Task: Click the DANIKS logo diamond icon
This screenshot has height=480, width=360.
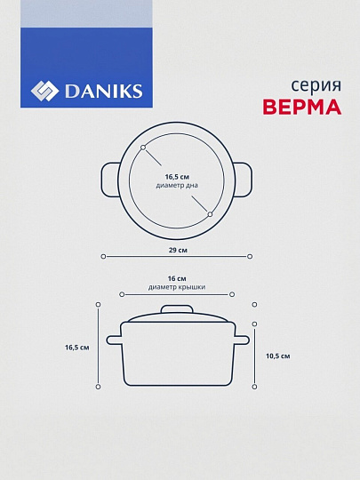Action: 44,91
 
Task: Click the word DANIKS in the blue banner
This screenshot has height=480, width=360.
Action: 103,92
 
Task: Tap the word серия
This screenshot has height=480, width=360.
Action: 316,86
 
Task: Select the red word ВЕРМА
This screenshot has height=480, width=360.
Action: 302,107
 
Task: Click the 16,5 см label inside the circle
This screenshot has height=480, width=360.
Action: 177,177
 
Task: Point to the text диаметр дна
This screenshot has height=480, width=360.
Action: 177,185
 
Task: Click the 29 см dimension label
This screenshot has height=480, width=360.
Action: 178,250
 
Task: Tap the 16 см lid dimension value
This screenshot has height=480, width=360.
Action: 177,278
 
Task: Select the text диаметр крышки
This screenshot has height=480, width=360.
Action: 177,287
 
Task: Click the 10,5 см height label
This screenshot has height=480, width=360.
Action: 278,356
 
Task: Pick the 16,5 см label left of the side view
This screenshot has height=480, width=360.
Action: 76,348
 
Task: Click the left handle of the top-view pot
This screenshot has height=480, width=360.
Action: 110,180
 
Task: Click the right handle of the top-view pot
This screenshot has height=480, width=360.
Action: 244,180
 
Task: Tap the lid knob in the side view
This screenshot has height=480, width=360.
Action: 177,309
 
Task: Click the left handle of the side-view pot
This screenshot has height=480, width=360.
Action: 114,340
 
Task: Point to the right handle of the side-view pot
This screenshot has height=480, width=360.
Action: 242,340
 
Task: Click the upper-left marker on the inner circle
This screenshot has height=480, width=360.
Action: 143,148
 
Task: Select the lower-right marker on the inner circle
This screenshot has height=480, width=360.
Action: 210,214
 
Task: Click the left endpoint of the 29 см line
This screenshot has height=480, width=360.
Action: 103,256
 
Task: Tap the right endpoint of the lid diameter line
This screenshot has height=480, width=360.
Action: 232,294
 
